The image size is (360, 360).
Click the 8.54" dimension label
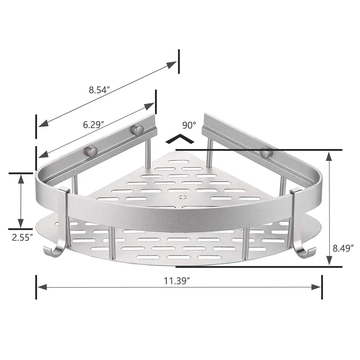tap(99, 90)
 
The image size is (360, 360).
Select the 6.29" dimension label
tap(94, 125)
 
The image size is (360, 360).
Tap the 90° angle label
tap(189, 125)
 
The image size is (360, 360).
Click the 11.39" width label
tap(177, 281)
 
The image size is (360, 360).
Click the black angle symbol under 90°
tap(180, 139)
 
